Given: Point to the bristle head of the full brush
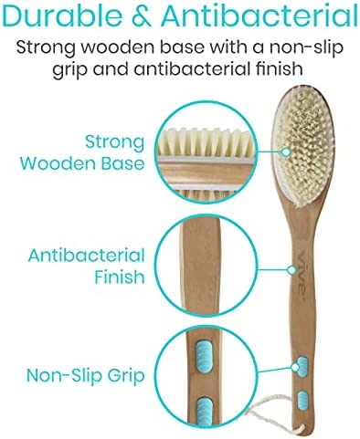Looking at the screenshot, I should click(x=314, y=129).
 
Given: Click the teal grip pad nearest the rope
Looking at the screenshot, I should click(x=302, y=398).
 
